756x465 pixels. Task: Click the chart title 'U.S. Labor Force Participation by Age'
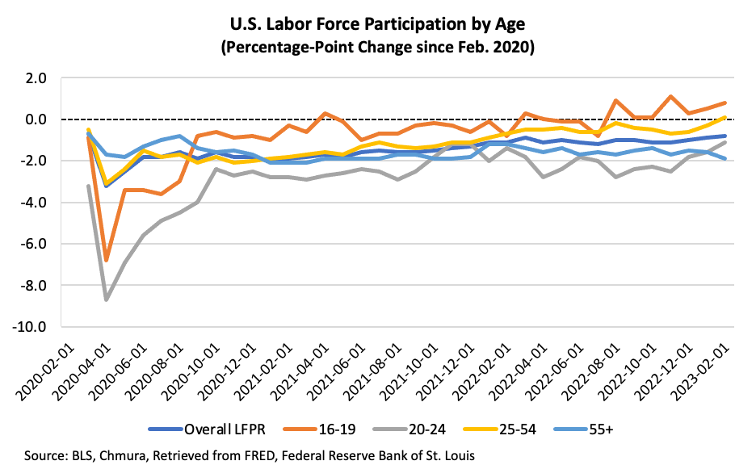tap(378, 24)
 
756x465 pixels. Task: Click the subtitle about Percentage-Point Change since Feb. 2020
tap(378, 48)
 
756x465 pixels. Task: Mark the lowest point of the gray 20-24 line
tap(107, 300)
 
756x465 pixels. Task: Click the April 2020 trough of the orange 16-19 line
tap(107, 260)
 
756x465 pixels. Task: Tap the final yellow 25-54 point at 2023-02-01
tap(724, 117)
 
